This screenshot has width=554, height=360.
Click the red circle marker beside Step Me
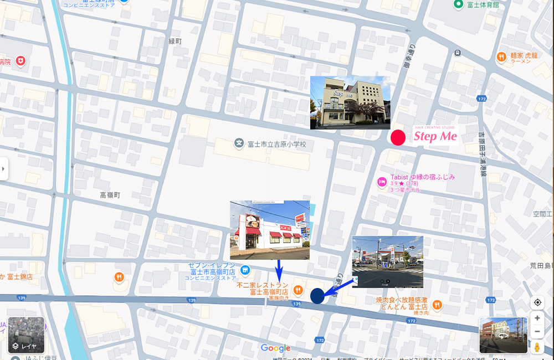(398, 137)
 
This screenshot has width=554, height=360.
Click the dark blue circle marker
(317, 296)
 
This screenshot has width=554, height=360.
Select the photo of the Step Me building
(350, 102)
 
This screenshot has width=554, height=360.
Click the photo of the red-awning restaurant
(270, 230)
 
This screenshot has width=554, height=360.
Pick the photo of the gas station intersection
(387, 262)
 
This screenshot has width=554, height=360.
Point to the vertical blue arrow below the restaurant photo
(279, 270)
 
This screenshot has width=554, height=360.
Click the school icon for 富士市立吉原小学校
(239, 144)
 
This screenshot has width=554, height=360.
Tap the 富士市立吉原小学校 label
(276, 145)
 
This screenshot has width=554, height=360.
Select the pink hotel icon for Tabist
(381, 182)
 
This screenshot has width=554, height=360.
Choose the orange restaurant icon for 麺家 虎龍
(501, 56)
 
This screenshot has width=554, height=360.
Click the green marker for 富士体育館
(458, 4)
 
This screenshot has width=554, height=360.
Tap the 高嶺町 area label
(110, 195)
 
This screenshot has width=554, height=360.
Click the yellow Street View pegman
(537, 347)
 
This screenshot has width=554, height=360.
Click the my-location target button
(537, 302)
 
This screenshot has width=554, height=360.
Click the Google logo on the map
(275, 348)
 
